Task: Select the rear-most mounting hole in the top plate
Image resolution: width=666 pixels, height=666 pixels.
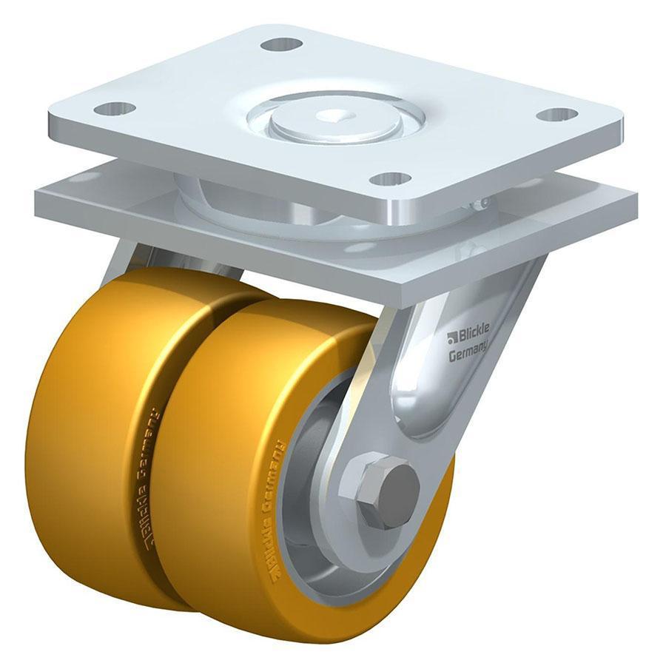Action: [x=281, y=44]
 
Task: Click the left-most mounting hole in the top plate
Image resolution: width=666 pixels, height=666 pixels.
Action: [x=115, y=109]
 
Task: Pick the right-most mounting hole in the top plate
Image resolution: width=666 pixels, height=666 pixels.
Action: [x=556, y=115]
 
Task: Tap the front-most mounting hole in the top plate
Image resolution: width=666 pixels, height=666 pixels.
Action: [x=390, y=178]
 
